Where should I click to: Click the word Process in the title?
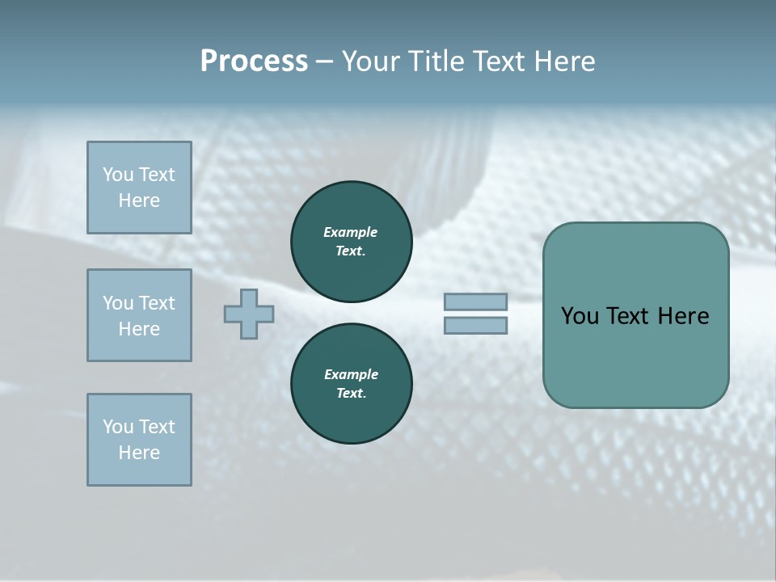(254, 61)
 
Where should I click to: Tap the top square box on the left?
(139, 188)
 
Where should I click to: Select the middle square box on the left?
(139, 315)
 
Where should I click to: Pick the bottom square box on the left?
(139, 440)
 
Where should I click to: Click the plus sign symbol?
(249, 314)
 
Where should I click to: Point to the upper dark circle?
(351, 242)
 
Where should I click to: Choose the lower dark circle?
(351, 384)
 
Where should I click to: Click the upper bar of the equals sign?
(475, 302)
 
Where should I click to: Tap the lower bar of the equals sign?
(475, 325)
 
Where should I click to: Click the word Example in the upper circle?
(350, 232)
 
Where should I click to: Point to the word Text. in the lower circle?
(351, 394)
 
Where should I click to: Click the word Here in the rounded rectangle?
(683, 316)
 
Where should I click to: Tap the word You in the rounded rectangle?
(580, 316)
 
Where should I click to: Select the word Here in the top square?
(139, 200)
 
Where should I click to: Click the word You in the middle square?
(118, 303)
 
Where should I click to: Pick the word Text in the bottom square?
(156, 427)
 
